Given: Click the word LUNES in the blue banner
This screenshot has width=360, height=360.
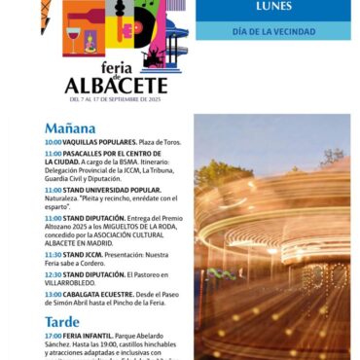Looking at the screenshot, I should click(273, 7).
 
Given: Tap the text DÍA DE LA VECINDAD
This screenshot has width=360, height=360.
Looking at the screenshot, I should click(273, 31).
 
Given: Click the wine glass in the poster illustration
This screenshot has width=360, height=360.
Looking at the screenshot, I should click(73, 38).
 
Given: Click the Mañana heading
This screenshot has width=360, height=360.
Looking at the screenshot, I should click(70, 128).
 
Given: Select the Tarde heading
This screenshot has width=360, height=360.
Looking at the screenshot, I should click(62, 321).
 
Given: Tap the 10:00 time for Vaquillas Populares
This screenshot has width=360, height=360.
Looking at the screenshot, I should click(53, 142).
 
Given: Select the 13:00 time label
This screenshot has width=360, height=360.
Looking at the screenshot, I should click(53, 294).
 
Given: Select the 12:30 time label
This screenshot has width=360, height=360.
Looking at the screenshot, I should click(53, 274).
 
